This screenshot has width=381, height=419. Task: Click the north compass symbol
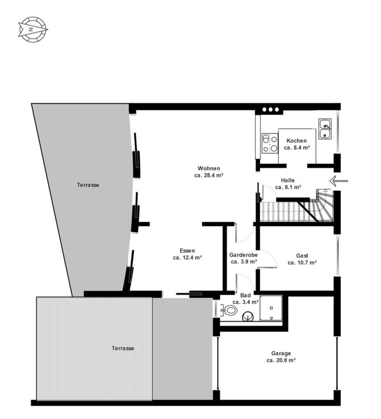pos(33,29)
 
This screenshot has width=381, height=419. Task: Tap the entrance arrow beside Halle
pos(338,180)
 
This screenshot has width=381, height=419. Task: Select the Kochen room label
pos(296,141)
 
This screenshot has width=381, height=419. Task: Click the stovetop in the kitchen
pos(270,143)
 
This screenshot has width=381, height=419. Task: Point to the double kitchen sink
pos(325,129)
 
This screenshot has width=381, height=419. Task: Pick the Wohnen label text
pos(209,168)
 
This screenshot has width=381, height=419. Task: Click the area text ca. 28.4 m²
pos(209,175)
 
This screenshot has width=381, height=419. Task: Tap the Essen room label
pos(187,251)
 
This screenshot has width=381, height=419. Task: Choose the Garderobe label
pos(243,255)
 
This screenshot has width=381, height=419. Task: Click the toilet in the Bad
pos(229,310)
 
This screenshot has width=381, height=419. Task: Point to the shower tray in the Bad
pos(271,309)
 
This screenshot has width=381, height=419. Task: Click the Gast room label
pos(302,256)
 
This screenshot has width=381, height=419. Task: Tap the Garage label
pos(281,354)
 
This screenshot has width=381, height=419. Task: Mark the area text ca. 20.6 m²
pos(281,361)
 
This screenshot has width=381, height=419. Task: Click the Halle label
pos(288,180)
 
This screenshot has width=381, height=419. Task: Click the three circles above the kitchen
pos(270,110)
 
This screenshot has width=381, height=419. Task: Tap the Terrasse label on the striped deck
pos(122,348)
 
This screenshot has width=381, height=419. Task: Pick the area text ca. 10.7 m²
pos(302,263)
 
